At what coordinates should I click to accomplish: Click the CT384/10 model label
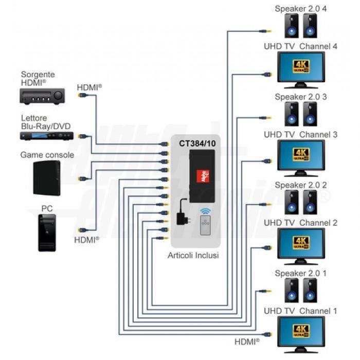pyautogui.click(x=197, y=143)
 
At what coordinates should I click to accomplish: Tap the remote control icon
pyautogui.click(x=205, y=225)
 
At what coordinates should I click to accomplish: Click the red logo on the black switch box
pyautogui.click(x=203, y=176)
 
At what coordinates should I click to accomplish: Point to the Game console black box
pyautogui.click(x=47, y=178)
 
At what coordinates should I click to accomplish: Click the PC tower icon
pyautogui.click(x=47, y=233)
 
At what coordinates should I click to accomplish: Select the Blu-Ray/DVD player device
pyautogui.click(x=47, y=136)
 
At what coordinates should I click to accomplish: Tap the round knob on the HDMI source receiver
pyautogui.click(x=58, y=95)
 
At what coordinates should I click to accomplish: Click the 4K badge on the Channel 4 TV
pyautogui.click(x=301, y=66)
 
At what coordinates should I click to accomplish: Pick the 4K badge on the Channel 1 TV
pyautogui.click(x=301, y=331)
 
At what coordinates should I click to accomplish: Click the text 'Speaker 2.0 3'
pyautogui.click(x=301, y=97)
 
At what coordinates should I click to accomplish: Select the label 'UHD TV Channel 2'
pyautogui.click(x=300, y=223)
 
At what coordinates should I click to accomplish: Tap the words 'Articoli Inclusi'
pyautogui.click(x=193, y=255)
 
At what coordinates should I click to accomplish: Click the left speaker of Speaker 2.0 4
pyautogui.click(x=292, y=26)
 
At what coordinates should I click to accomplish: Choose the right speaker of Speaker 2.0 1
pyautogui.click(x=310, y=290)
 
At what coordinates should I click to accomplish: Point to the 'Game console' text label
pyautogui.click(x=47, y=155)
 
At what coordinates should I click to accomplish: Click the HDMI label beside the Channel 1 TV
pyautogui.click(x=247, y=342)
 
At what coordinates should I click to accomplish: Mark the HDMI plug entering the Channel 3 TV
pyautogui.click(x=267, y=161)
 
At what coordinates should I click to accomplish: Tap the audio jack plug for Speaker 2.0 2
pyautogui.click(x=266, y=204)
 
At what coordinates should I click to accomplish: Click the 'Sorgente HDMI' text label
pyautogui.click(x=38, y=79)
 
